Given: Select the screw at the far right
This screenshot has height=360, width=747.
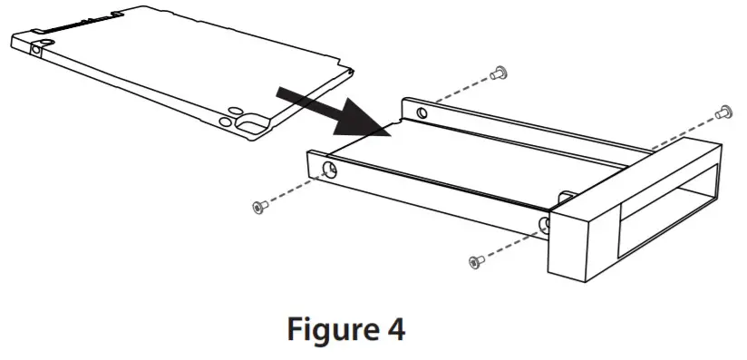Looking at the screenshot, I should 723,112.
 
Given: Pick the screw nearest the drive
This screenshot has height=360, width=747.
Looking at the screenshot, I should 258,208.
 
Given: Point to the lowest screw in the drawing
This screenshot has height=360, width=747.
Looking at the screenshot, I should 474,261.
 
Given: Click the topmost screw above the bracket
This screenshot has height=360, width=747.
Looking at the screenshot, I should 497,72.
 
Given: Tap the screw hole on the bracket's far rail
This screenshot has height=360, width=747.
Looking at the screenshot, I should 421,113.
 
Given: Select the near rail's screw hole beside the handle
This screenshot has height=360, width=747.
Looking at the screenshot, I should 544,224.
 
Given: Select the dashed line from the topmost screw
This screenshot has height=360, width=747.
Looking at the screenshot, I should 459,92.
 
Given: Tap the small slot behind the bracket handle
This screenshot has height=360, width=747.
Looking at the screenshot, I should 566,195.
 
